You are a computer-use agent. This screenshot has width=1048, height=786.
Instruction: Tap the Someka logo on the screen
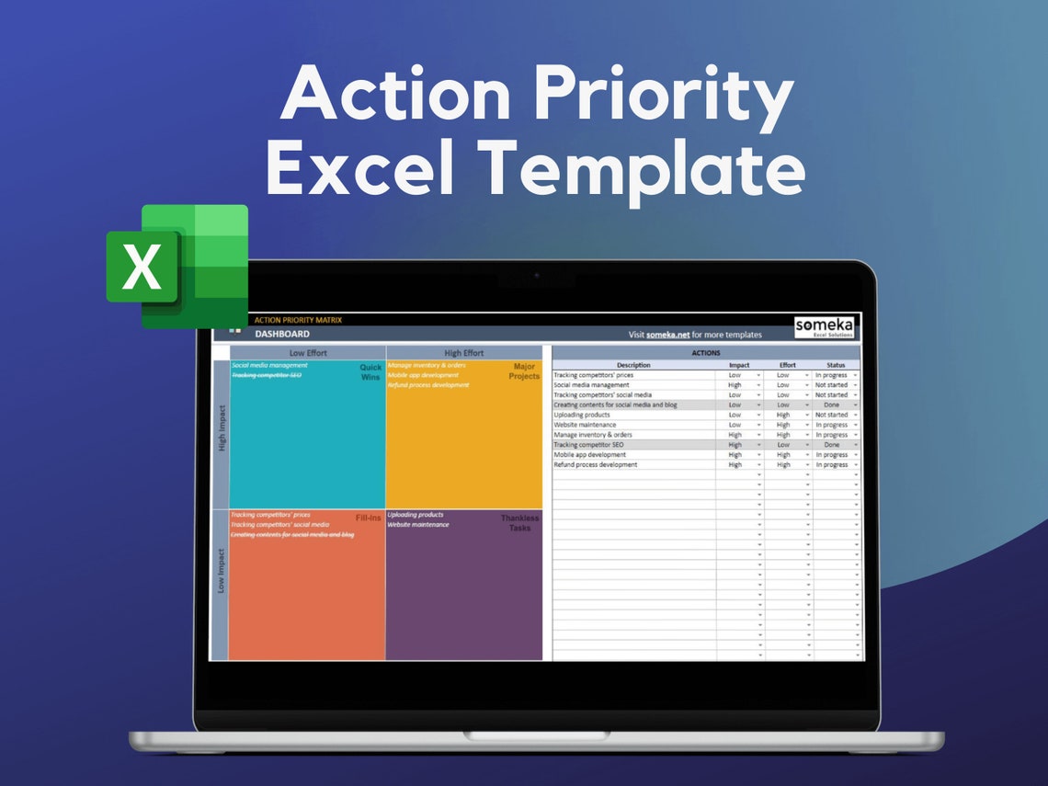(x=825, y=327)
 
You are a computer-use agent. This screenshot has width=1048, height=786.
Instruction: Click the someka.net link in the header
(x=667, y=335)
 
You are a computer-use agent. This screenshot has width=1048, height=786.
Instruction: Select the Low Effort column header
(x=308, y=353)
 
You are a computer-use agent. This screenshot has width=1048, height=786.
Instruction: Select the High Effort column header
(x=463, y=353)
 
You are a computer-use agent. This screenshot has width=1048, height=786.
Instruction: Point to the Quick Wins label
(x=370, y=371)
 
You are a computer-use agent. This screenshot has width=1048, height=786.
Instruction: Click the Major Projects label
(x=524, y=371)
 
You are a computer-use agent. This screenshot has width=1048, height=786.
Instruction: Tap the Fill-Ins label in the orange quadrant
(x=368, y=518)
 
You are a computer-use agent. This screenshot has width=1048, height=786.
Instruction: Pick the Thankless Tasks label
(x=520, y=522)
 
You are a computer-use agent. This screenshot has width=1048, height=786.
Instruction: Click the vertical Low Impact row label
(x=221, y=571)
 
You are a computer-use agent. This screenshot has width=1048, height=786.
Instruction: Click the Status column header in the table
(x=836, y=365)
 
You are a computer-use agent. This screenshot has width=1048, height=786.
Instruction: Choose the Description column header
(x=633, y=365)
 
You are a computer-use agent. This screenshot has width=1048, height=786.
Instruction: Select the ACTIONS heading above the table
(x=705, y=353)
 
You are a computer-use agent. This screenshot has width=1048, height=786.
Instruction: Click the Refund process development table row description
(x=595, y=465)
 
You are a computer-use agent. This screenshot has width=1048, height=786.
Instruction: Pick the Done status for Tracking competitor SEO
(x=831, y=445)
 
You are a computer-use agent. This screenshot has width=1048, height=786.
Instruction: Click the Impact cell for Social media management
(x=735, y=385)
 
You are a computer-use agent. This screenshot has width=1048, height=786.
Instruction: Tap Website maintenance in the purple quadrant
(x=418, y=525)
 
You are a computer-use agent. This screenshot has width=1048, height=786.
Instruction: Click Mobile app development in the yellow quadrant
(x=423, y=375)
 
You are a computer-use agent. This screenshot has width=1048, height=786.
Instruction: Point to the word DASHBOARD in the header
(x=282, y=335)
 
